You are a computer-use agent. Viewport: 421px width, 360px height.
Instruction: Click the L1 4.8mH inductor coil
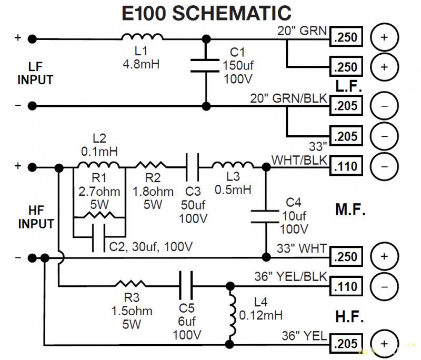(142, 37)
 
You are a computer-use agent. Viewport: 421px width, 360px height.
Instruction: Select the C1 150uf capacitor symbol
(206, 65)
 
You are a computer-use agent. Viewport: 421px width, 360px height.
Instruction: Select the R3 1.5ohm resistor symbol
(132, 287)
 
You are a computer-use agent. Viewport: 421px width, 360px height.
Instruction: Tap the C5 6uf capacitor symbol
(185, 287)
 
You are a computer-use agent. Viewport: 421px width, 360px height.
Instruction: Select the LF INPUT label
(35, 74)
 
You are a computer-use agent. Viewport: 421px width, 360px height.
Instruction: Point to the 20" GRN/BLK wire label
(289, 98)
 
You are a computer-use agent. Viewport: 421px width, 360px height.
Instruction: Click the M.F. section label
(350, 211)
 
